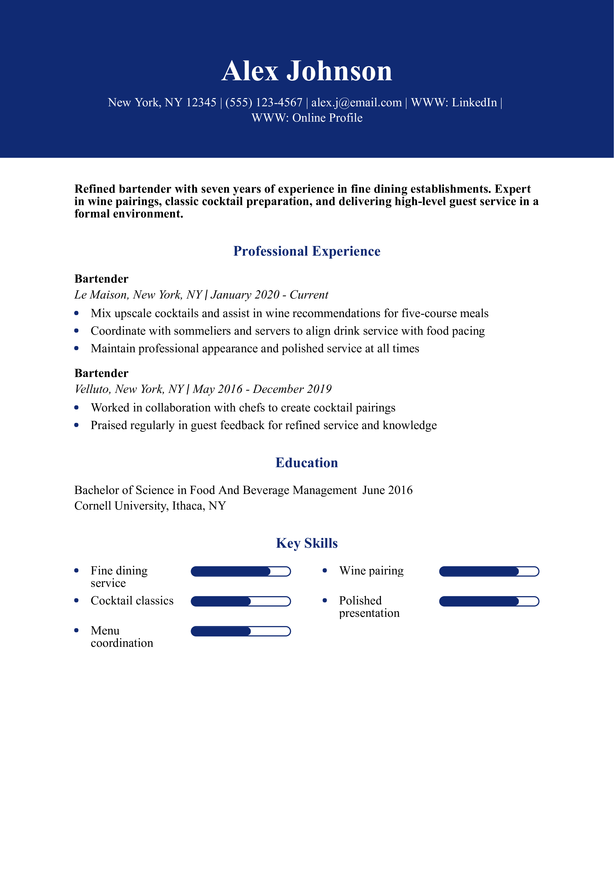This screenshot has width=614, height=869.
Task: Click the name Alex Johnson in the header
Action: (307, 71)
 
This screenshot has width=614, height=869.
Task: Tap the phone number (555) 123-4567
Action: (264, 103)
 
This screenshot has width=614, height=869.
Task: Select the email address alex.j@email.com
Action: (356, 103)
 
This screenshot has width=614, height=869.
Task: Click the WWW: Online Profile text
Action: (307, 118)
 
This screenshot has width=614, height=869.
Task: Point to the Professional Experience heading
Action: (307, 251)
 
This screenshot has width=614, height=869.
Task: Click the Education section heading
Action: (307, 463)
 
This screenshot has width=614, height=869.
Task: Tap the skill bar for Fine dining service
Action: (240, 571)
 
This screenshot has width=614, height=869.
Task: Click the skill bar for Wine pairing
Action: (489, 571)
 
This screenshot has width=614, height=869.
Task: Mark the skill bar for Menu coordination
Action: (240, 631)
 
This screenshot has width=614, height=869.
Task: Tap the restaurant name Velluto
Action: (92, 389)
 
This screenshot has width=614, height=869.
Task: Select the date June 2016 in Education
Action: (387, 490)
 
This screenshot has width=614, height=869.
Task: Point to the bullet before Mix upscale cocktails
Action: (77, 313)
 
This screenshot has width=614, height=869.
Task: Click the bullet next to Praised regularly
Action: (77, 425)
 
